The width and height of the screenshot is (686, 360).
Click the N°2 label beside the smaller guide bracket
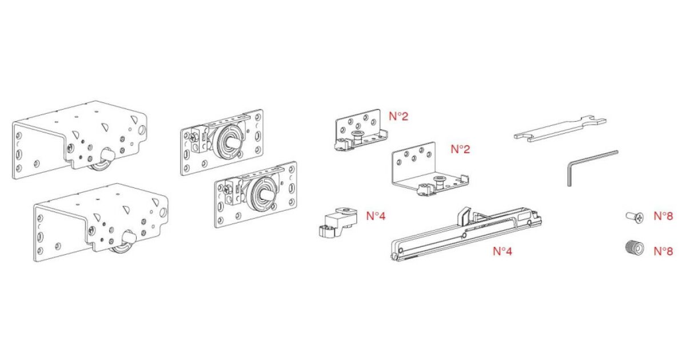tap(398, 117)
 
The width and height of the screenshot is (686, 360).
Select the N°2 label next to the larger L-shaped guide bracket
tap(460, 149)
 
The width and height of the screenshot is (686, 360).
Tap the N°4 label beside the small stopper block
tap(376, 216)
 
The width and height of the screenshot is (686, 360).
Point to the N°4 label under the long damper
tap(502, 251)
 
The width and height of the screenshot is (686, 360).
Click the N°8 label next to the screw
tap(663, 216)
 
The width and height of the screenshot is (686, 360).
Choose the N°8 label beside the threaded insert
tap(663, 251)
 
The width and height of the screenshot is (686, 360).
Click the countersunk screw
tap(635, 217)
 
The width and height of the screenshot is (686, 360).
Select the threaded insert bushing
tap(634, 248)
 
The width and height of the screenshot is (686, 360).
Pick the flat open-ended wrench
tap(560, 129)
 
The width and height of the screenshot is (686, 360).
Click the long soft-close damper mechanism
tap(465, 234)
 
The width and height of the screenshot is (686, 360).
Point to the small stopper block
tap(338, 222)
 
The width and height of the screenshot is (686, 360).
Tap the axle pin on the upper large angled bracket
tap(108, 155)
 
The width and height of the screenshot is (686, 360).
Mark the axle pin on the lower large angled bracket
tap(129, 238)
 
